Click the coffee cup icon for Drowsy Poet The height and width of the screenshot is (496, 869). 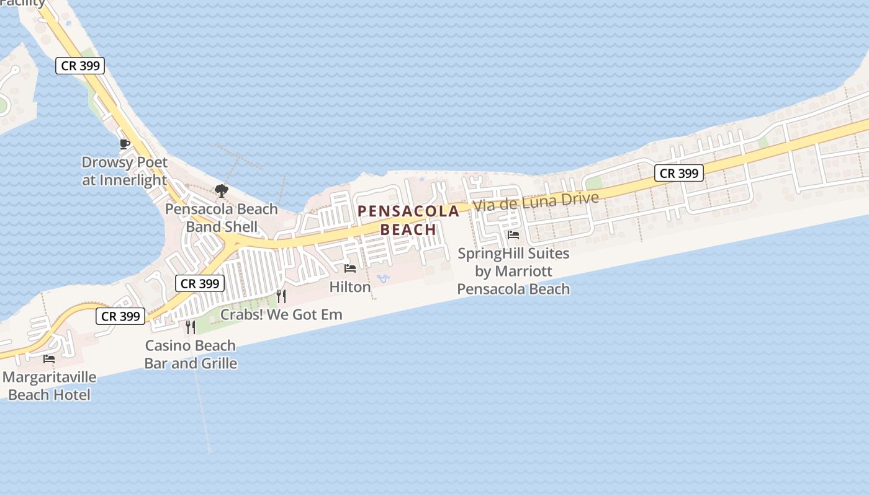(125, 144)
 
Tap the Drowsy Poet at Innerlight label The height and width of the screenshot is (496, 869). (125, 172)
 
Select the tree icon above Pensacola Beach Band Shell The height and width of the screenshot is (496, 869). (221, 190)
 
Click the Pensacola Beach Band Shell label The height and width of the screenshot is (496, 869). (222, 218)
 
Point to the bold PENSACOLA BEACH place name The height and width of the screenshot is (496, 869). (408, 220)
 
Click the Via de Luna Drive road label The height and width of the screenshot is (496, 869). (536, 201)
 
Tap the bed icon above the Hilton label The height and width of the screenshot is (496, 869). (350, 268)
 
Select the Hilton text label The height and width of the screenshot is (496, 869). (350, 287)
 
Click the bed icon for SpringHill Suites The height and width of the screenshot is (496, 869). (513, 235)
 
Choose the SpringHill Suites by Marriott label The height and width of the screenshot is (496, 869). (513, 271)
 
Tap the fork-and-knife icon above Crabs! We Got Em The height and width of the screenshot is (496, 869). (281, 296)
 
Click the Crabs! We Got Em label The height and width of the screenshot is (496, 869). (281, 314)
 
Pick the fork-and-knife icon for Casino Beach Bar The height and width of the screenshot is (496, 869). (191, 327)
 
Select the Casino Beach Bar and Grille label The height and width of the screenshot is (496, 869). (191, 354)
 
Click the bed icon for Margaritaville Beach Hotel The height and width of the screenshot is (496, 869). (49, 358)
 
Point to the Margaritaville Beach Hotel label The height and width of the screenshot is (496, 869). (49, 386)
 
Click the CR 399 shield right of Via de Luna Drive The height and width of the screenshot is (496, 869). (679, 173)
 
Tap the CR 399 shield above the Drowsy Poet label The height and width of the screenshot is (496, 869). (80, 65)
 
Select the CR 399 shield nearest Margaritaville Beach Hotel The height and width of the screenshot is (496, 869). (120, 316)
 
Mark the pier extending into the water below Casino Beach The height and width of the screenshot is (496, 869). (203, 409)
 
